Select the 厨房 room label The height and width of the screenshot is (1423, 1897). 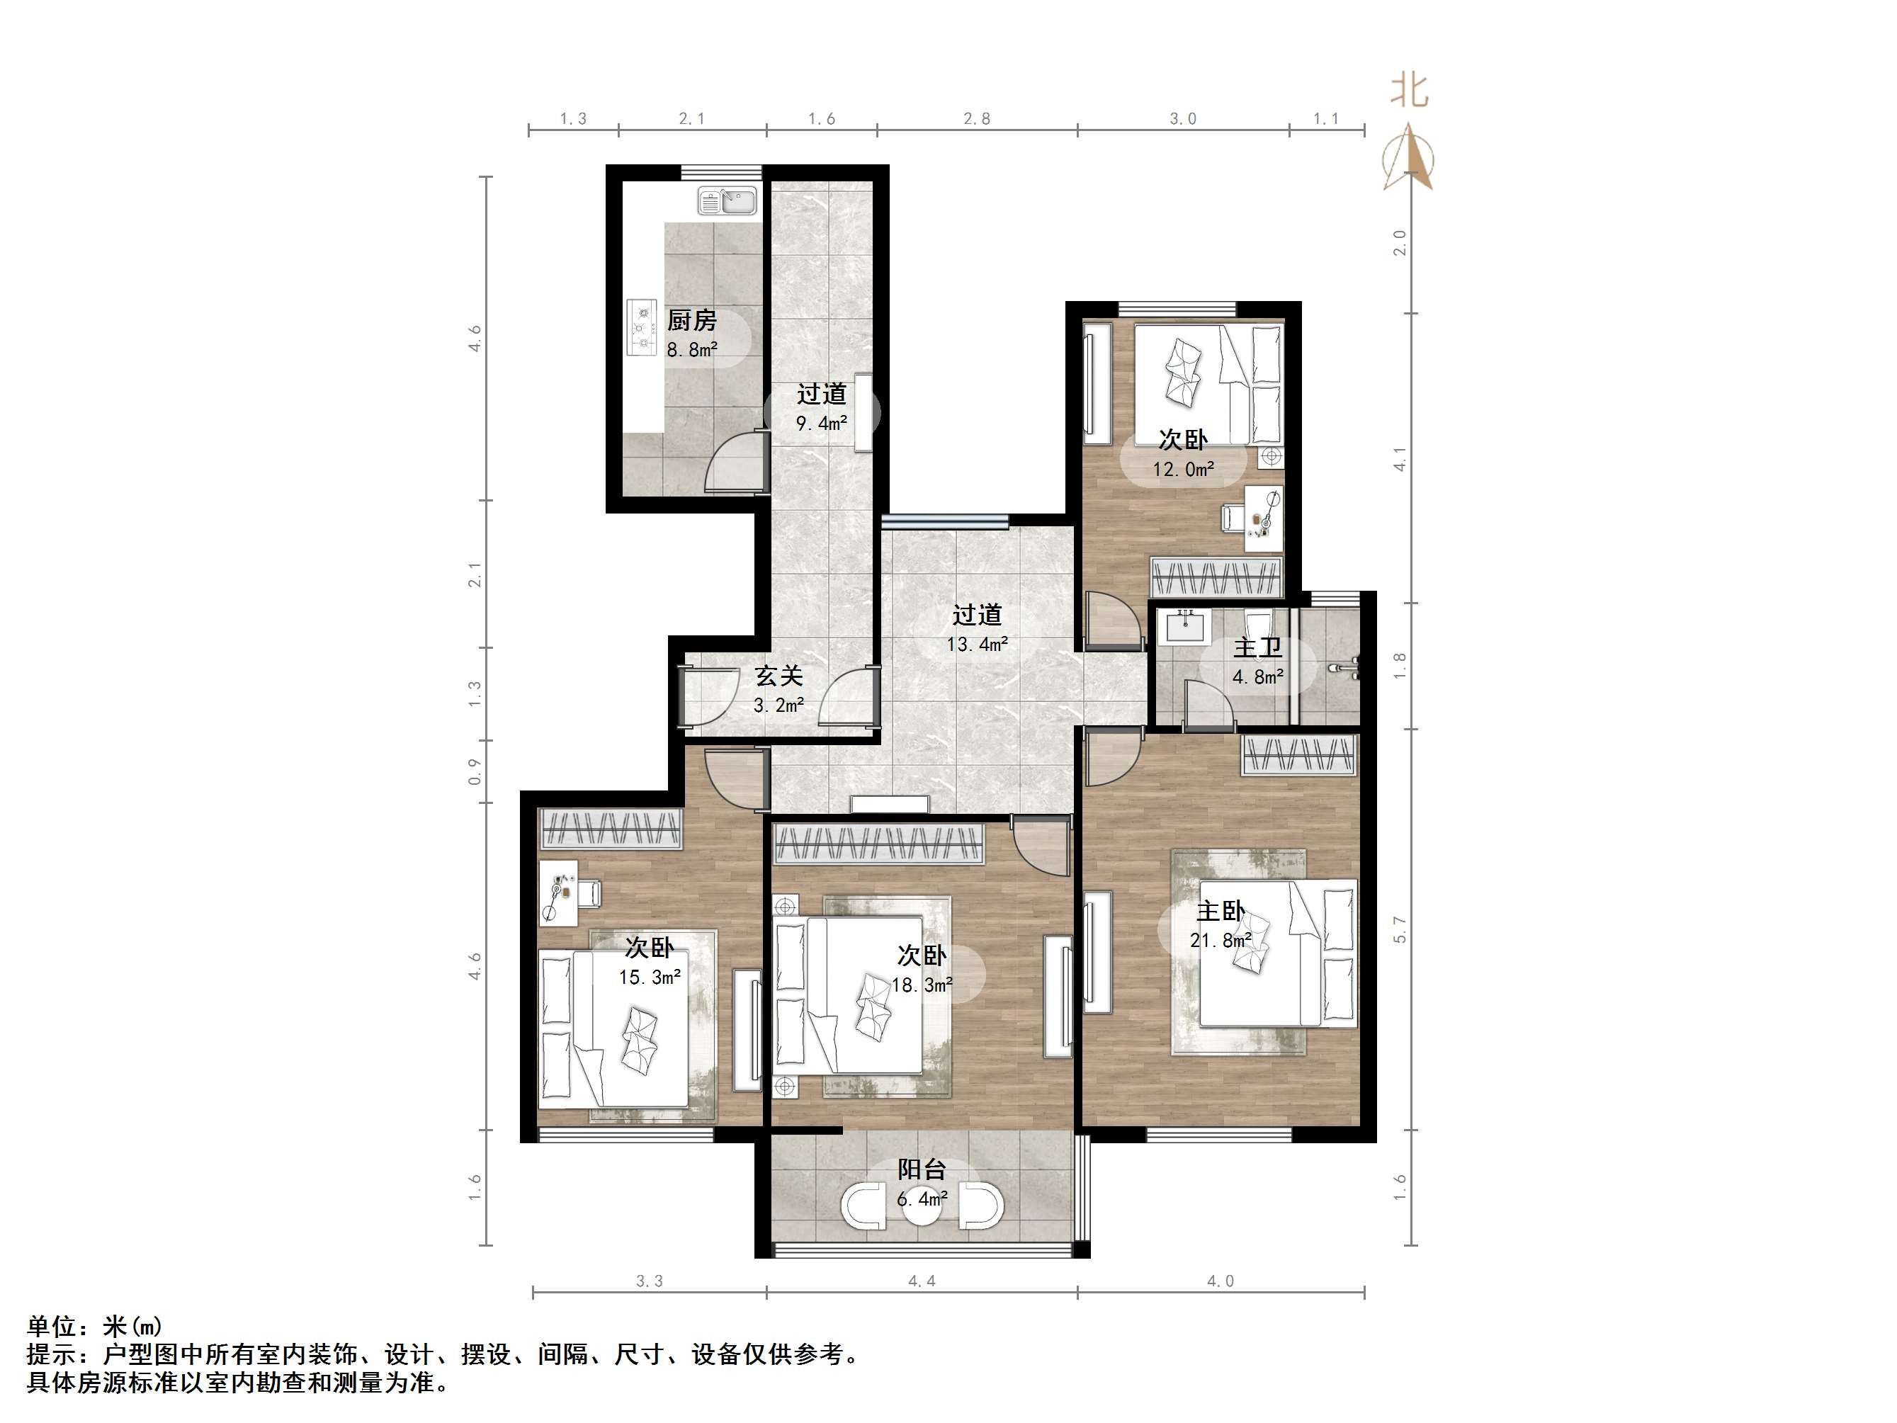click(x=691, y=321)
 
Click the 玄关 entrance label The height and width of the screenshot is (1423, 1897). click(x=778, y=676)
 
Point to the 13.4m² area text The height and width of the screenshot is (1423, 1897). click(x=977, y=644)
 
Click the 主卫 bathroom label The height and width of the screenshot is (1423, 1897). click(x=1257, y=647)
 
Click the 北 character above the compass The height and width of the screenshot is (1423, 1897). click(x=1409, y=90)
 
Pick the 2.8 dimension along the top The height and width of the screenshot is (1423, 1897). click(x=977, y=119)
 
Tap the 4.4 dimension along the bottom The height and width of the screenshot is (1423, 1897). click(x=922, y=1281)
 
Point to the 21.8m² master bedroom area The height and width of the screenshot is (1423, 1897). click(x=1221, y=941)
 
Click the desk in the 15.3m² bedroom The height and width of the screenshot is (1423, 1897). click(x=558, y=893)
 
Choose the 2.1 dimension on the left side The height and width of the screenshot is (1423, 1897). click(x=475, y=574)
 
